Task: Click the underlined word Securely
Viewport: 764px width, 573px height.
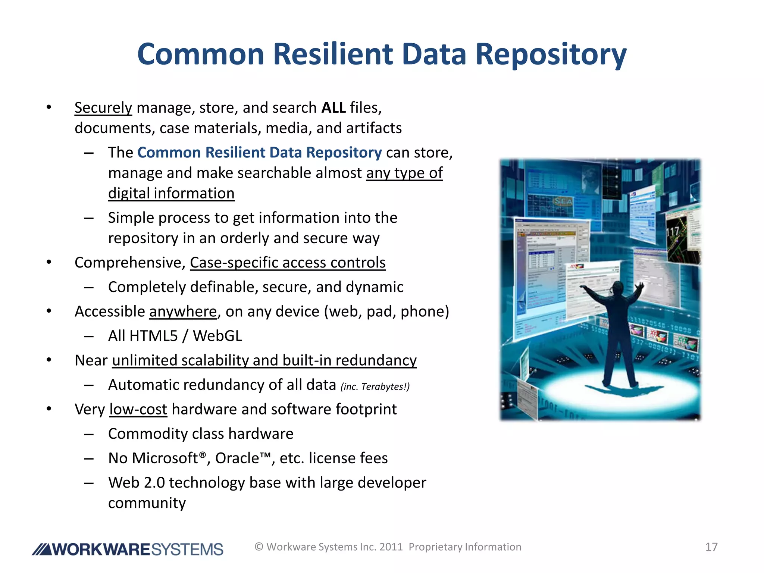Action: (x=103, y=108)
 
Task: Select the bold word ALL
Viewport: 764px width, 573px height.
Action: (x=334, y=108)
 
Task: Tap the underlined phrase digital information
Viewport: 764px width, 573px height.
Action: (x=171, y=194)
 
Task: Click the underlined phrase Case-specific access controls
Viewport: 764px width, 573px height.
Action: (x=288, y=263)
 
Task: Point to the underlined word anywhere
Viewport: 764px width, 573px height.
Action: (x=183, y=311)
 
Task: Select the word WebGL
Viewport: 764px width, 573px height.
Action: (x=217, y=336)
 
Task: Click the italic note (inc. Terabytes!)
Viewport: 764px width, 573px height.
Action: (x=375, y=386)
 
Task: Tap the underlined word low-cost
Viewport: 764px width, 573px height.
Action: (x=138, y=409)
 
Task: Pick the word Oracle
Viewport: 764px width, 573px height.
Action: (x=237, y=458)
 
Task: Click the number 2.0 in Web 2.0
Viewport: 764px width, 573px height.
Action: (x=154, y=483)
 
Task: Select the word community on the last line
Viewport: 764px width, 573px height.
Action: (x=147, y=503)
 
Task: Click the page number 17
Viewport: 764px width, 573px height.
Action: (x=711, y=547)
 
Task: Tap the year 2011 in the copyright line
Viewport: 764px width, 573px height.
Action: (x=391, y=547)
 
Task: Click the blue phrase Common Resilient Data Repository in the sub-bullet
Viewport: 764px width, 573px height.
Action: (x=259, y=153)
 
